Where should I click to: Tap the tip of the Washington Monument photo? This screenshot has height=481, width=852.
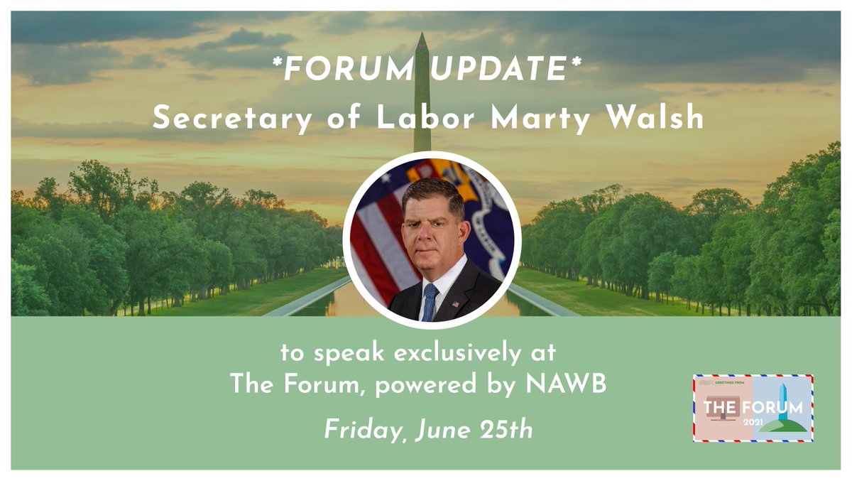(x=422, y=35)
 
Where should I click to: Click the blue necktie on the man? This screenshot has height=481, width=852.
(x=430, y=302)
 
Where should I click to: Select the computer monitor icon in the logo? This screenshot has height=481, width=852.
(x=721, y=419)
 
